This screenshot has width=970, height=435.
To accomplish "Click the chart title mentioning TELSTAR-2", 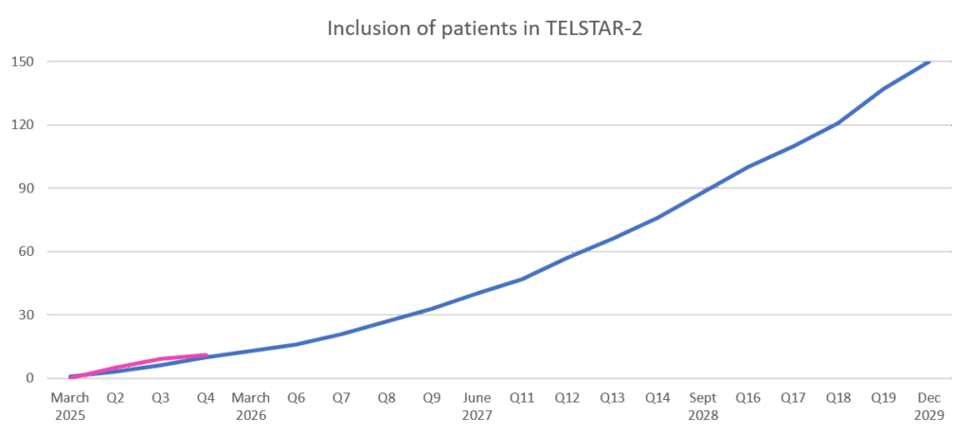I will (485, 28).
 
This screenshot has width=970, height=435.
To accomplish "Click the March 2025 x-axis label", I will (70, 406).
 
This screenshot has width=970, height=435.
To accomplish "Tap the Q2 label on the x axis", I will (116, 398).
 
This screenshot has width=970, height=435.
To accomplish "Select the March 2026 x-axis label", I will (251, 406).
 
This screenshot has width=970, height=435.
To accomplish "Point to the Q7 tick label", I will (341, 398).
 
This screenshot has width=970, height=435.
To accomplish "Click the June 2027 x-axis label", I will (476, 406).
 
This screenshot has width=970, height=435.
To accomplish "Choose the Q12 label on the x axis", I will (566, 398).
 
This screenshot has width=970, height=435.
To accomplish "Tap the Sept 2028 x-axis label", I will (703, 406).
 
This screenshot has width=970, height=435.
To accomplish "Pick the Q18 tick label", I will (837, 398).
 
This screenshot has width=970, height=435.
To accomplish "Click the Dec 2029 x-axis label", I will (928, 406).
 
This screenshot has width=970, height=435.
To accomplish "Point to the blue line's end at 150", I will (927, 63).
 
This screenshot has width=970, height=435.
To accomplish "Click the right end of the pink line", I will (206, 355).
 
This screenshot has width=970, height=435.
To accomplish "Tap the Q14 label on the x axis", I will (657, 398).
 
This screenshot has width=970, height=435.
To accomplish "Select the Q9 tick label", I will (432, 398).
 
